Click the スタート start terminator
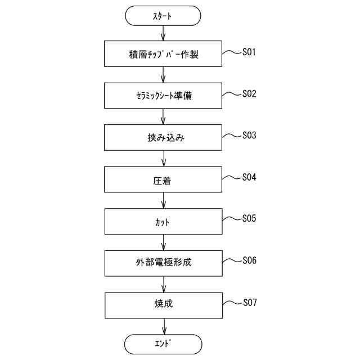pyautogui.click(x=163, y=16)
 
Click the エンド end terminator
pyautogui.click(x=163, y=343)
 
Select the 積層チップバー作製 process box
pyautogui.click(x=163, y=55)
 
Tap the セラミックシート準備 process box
pyautogui.click(x=163, y=96)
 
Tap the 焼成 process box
pyautogui.click(x=163, y=304)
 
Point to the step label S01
pyautogui.click(x=249, y=52)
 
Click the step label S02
pyautogui.click(x=249, y=94)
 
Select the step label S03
pyautogui.click(x=249, y=136)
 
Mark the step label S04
pyautogui.click(x=249, y=177)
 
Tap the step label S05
pyautogui.click(x=249, y=219)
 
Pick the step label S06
pyautogui.click(x=249, y=260)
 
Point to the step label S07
pyautogui.click(x=249, y=303)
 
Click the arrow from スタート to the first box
pyautogui.click(x=163, y=34)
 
